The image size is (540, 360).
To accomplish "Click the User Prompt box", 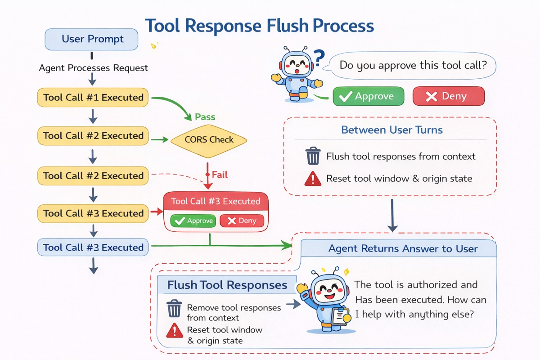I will (91, 39).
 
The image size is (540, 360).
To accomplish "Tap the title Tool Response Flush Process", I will (259, 26).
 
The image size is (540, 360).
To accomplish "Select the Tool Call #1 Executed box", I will (93, 97).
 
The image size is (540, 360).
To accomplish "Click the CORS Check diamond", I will (209, 139).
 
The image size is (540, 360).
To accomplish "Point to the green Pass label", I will (205, 117).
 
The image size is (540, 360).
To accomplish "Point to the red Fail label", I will (220, 174).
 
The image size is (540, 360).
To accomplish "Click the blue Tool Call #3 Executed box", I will (93, 247).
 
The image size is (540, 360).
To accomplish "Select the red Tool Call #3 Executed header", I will (216, 201).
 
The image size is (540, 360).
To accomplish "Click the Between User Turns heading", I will (391, 130).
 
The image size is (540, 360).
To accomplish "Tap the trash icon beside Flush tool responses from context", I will (312, 157).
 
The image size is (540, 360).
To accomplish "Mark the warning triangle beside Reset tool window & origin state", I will (312, 179).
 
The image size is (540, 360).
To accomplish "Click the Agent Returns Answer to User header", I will (402, 248).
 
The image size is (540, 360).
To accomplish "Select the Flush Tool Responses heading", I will (227, 285).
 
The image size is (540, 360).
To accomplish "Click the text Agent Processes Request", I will (93, 68).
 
